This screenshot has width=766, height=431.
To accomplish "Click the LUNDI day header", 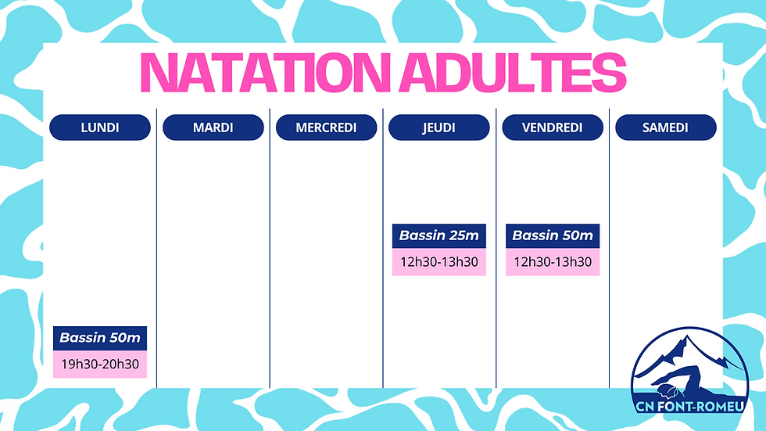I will coord(100,128).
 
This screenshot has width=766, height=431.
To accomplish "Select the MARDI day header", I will coord(213,128).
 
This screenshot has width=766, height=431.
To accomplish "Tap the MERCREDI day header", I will coord(326,128).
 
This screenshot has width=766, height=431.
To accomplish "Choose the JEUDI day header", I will coord(438,128).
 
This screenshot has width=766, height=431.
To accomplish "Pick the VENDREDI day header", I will coord(552,128).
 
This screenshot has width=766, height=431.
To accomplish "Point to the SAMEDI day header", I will coord(665,128).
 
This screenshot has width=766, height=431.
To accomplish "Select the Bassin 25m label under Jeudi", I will coord(438,235).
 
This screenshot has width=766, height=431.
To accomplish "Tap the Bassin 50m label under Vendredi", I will coord(553,235).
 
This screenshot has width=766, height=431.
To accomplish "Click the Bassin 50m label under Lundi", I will coord(100,338).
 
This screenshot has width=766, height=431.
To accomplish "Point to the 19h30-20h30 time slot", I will coord(100,365).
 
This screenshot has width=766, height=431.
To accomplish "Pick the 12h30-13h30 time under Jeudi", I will coord(438,262).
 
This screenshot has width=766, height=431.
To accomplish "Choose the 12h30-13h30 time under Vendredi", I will coord(553,262).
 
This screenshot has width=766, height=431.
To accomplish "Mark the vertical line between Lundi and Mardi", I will coord(157,250).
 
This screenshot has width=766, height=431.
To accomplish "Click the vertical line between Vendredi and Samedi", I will coord(609,250).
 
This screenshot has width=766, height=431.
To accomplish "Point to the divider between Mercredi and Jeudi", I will coord(383,250).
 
